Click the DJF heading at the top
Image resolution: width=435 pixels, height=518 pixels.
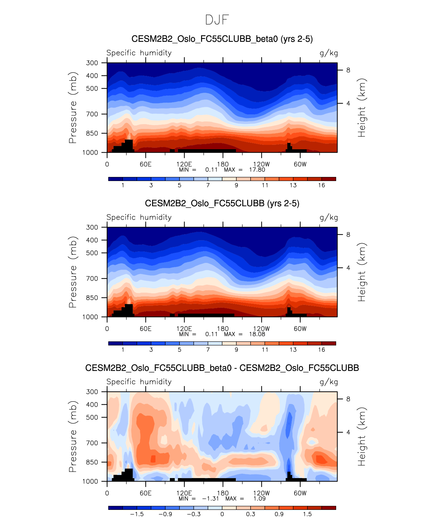pos(217,20)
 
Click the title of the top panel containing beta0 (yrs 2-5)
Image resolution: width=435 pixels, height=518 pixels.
pos(222,39)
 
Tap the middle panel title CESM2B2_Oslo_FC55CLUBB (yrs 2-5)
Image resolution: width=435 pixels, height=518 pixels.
pos(222,203)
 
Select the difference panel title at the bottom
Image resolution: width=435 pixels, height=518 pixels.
pos(222,368)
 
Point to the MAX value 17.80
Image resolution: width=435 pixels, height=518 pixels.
pos(257,170)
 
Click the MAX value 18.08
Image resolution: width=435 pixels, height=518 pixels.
pos(257,334)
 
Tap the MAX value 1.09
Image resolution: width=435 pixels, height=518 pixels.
pos(259,499)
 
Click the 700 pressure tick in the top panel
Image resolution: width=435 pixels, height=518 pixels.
pos(92,114)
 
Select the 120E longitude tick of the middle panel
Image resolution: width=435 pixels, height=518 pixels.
pos(184,329)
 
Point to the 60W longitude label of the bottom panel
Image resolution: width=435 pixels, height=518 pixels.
pos(300,493)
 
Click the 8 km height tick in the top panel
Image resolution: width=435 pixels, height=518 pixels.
pos(348,70)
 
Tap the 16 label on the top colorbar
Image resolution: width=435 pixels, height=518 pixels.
pos(321,185)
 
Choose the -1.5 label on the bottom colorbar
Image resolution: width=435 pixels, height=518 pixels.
pos(137,514)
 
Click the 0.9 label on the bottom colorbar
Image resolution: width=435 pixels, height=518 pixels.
pos(279,514)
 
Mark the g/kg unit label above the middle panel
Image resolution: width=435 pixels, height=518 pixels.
pos(329,218)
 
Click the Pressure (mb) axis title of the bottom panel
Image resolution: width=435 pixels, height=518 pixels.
pos(73,436)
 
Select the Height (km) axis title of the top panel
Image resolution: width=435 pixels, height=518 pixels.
pos(362,108)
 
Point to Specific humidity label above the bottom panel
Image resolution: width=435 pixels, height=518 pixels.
pos(139,382)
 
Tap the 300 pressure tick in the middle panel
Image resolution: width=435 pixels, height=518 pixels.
pos(92,227)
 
